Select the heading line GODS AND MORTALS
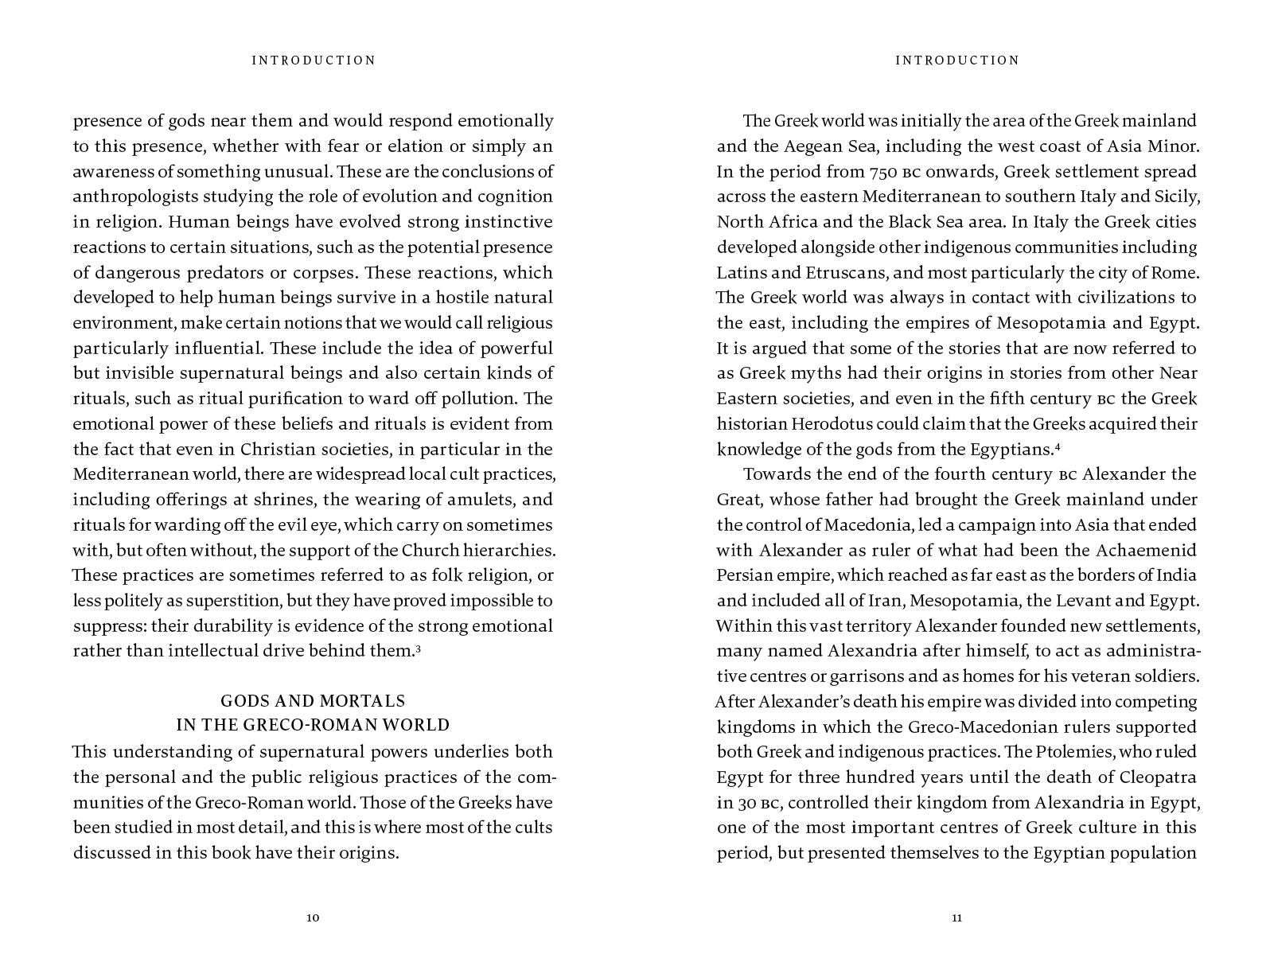click(313, 701)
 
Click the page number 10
click(313, 918)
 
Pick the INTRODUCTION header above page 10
click(314, 60)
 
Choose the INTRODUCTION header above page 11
click(956, 60)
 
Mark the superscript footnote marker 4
click(1058, 446)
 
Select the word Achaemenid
click(1147, 551)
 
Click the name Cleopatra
click(1157, 777)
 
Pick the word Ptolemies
click(1071, 752)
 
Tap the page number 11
click(956, 918)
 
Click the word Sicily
click(1175, 197)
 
